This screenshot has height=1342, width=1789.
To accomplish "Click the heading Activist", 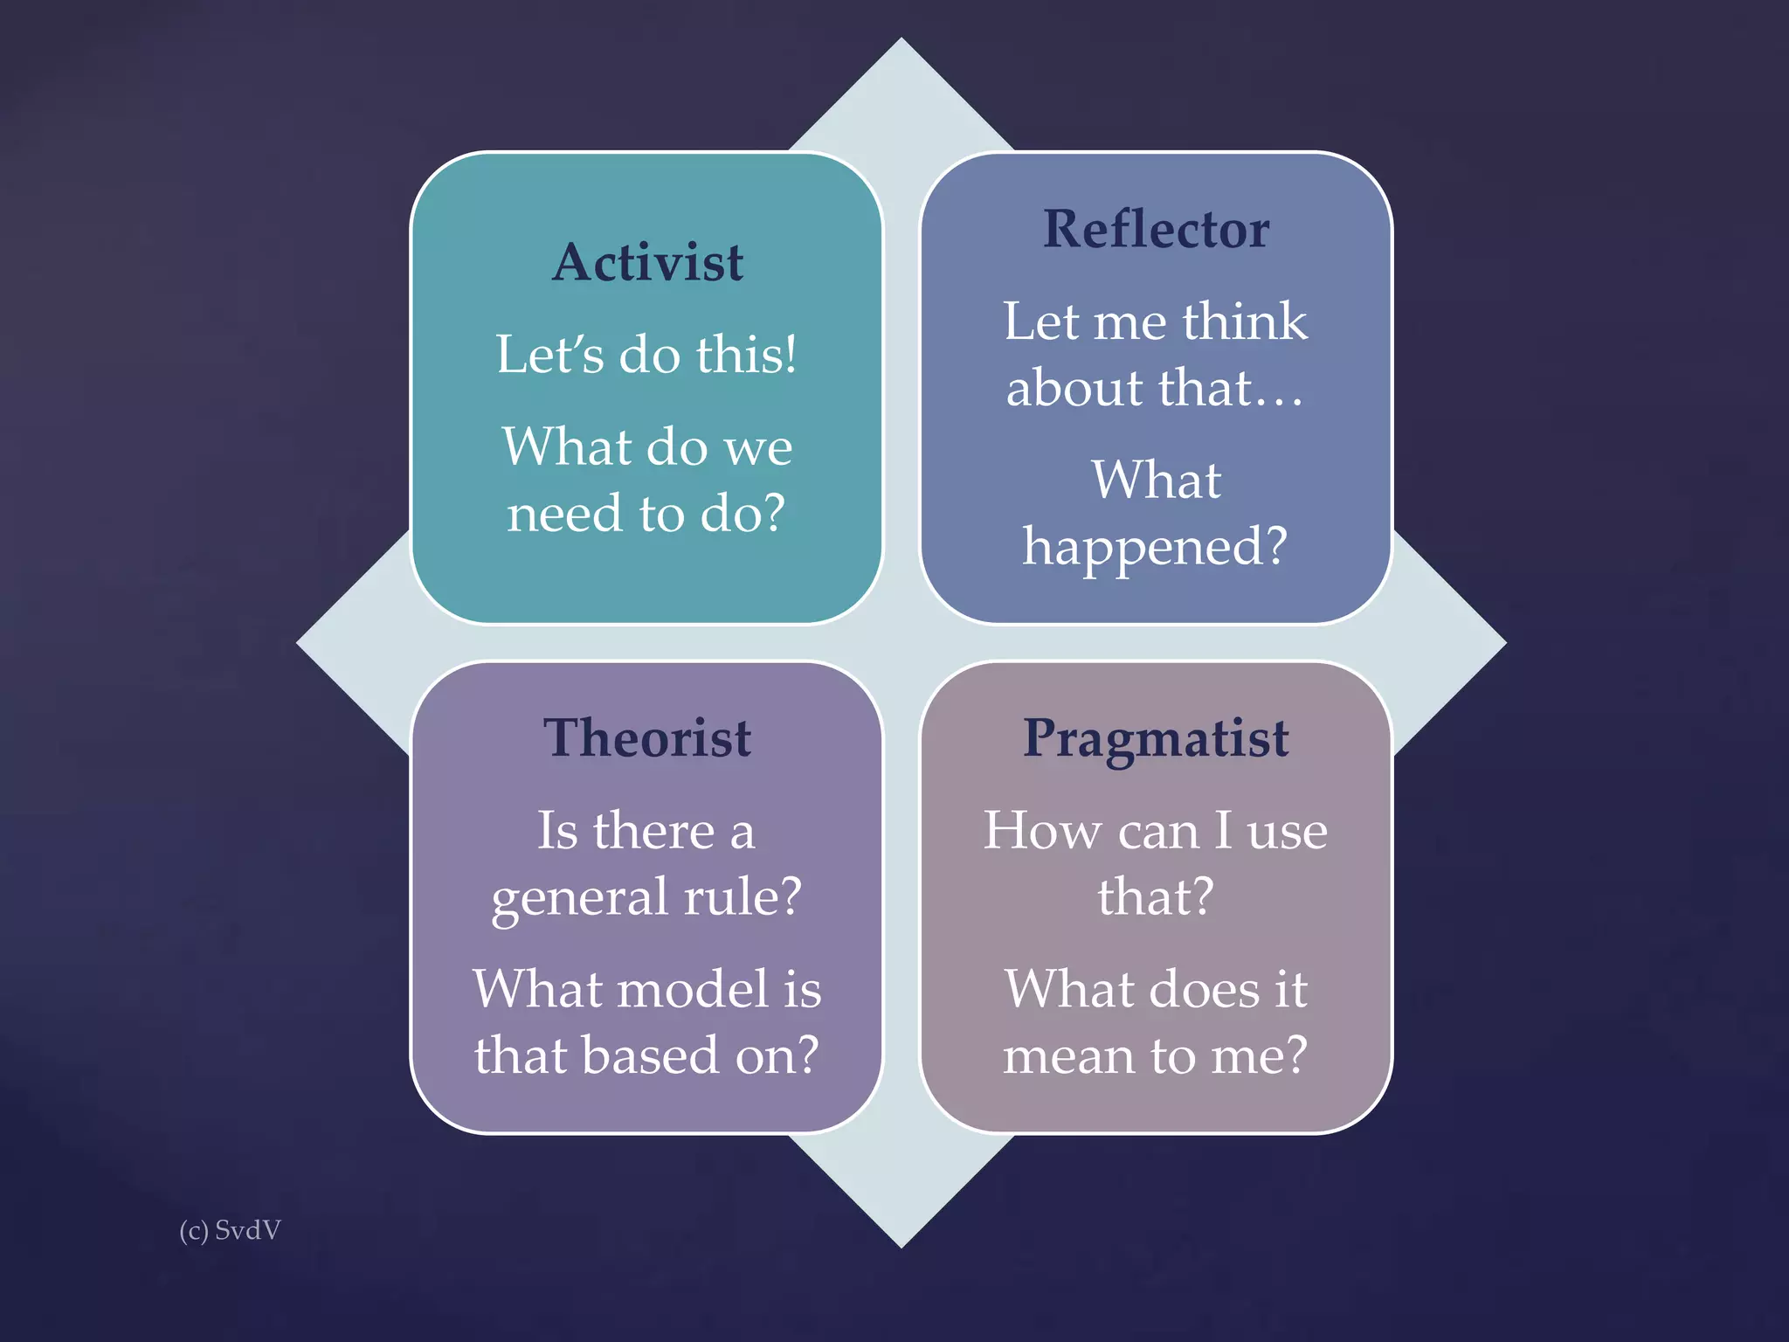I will tap(647, 262).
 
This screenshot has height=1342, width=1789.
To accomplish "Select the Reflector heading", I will tap(1156, 230).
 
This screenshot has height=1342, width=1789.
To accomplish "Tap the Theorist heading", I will tap(647, 738).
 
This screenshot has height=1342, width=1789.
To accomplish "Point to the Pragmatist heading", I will tap(1156, 739).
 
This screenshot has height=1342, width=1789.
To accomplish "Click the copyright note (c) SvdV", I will tap(230, 1230).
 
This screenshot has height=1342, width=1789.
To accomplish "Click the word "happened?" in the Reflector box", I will tap(1155, 547).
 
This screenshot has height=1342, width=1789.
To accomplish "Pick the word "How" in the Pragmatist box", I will tap(1041, 831).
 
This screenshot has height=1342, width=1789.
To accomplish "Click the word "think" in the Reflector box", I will tap(1245, 322).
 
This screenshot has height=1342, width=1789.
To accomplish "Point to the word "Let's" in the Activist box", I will tap(550, 356).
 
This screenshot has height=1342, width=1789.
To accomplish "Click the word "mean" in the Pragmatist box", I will tap(1068, 1056).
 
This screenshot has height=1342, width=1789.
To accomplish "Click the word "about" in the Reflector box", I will tap(1074, 388).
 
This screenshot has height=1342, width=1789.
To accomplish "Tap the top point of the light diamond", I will tap(901, 41).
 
